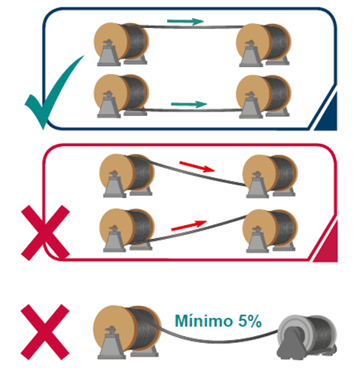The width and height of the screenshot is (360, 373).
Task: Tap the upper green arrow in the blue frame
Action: click(x=185, y=21)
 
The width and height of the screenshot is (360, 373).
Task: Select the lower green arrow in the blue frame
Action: click(x=189, y=104)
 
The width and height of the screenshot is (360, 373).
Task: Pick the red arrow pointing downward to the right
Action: click(x=197, y=167)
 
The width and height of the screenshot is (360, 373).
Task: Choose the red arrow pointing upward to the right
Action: click(x=189, y=225)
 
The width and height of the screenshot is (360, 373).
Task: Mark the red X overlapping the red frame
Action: click(x=45, y=233)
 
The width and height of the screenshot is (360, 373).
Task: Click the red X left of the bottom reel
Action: click(x=44, y=332)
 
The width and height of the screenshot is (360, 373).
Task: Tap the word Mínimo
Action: click(x=203, y=321)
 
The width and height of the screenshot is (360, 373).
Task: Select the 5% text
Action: click(x=250, y=321)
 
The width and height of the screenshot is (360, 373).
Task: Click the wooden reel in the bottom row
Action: click(x=127, y=332)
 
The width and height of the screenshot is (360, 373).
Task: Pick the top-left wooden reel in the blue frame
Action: click(x=121, y=44)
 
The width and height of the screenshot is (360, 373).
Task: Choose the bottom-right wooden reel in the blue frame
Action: click(x=264, y=96)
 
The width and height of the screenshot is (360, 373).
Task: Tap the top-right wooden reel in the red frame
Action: click(x=270, y=176)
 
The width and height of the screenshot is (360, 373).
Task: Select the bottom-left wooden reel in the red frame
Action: click(x=127, y=230)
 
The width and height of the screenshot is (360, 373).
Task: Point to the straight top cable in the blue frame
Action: click(x=191, y=26)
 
